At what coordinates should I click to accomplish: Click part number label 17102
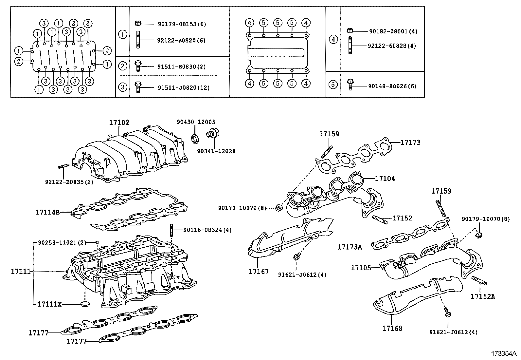[x=119, y=123]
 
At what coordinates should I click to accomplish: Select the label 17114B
[x=47, y=212]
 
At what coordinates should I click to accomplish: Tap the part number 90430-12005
[x=196, y=122]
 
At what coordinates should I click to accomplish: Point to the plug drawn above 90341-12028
[x=213, y=134]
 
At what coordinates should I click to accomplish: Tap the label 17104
[x=385, y=179]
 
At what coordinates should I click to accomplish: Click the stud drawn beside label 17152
[x=380, y=219]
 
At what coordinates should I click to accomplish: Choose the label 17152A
[x=483, y=297]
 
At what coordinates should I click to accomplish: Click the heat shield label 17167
[x=258, y=272]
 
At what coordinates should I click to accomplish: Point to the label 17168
[x=392, y=328]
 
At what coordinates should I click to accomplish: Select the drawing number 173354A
[x=503, y=354]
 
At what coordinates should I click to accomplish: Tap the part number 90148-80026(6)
[x=392, y=86]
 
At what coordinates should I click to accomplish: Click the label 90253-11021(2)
[x=62, y=243]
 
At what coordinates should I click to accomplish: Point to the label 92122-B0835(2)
[x=69, y=182]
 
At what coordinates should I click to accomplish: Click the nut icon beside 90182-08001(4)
[x=350, y=31]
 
